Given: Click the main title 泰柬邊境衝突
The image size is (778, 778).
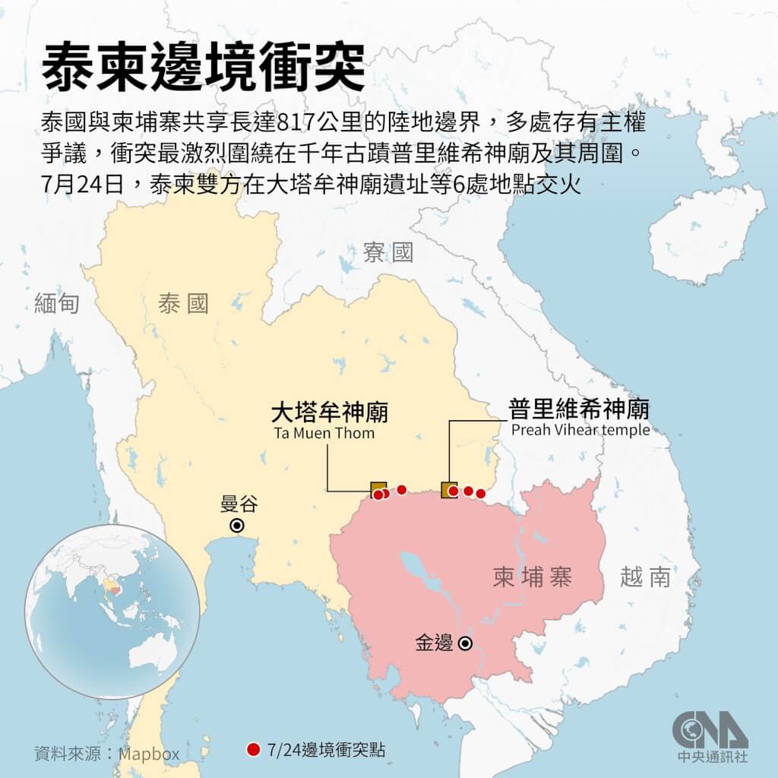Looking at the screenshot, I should click(x=203, y=68).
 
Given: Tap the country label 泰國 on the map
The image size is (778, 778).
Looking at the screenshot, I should click(x=183, y=305).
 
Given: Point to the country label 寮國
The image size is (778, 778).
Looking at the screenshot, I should click(x=387, y=253).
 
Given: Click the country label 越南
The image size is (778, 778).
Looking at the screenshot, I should click(x=645, y=577).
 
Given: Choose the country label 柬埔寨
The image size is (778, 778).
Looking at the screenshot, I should click(x=532, y=578).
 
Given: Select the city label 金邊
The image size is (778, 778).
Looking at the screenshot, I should click(x=434, y=644).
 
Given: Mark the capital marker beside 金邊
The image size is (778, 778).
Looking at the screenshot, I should click(x=464, y=644).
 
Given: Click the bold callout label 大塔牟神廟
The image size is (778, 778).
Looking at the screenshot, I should click(x=330, y=413).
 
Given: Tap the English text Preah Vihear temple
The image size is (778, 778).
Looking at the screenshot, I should click(x=580, y=430).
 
